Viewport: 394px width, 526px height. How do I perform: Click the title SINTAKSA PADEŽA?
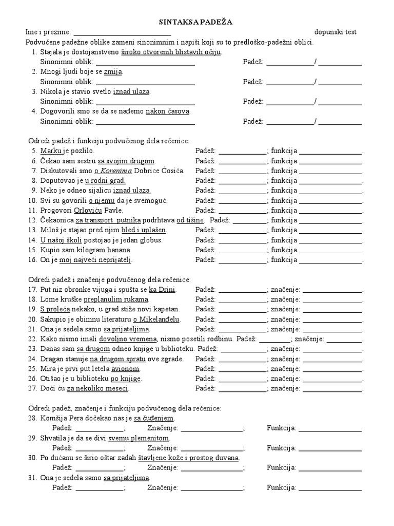[x=197, y=22]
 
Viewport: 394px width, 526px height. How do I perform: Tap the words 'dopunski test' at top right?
[x=336, y=32]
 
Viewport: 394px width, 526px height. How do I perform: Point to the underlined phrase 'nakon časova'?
[x=168, y=111]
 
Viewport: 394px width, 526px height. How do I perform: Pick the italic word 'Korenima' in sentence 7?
[x=116, y=171]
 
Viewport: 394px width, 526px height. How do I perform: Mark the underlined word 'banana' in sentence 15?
[x=119, y=250]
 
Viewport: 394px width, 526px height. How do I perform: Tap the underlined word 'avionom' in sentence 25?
[x=126, y=369]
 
